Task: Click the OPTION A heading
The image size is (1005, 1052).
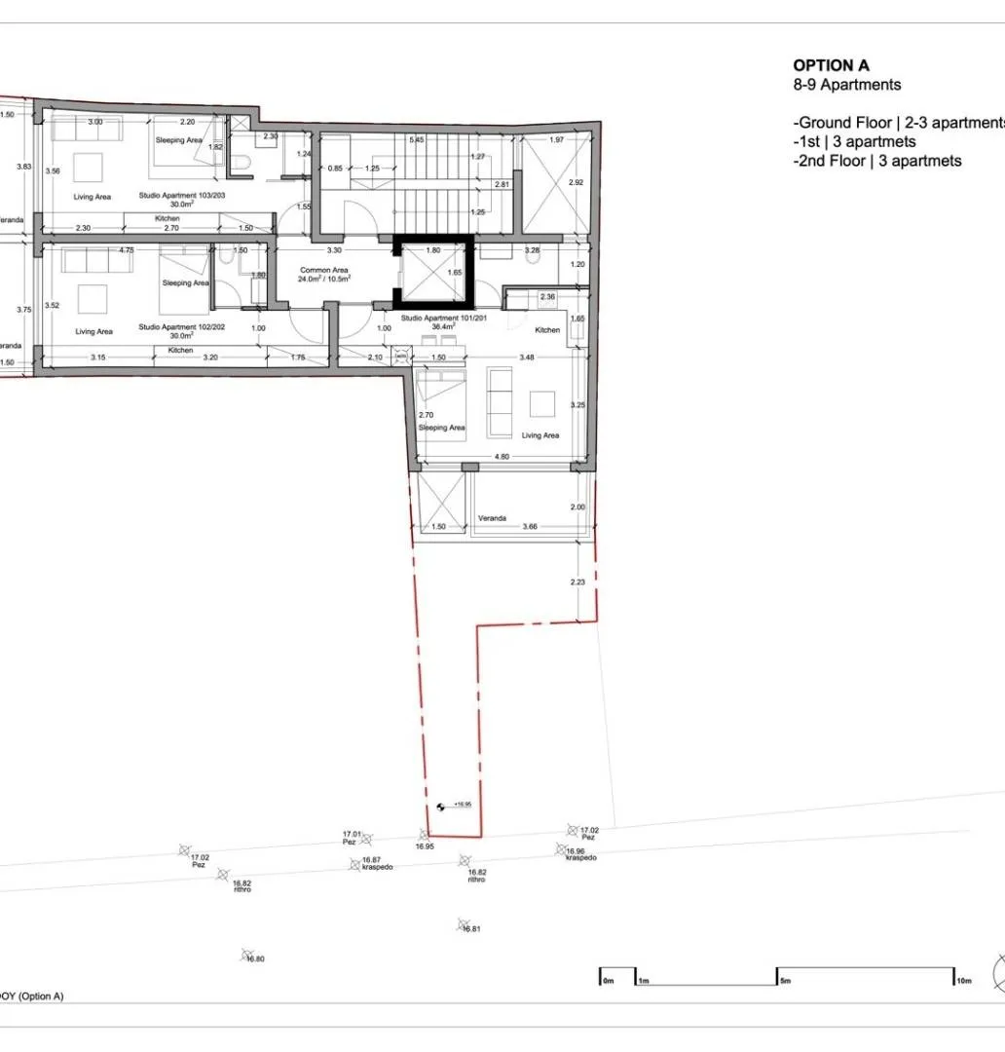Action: pos(831,65)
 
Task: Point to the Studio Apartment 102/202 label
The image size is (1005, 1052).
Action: pos(182,327)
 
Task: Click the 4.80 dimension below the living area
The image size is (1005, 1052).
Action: pos(502,456)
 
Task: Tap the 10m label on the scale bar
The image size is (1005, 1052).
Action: pos(964,980)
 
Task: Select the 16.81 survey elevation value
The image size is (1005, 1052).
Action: pos(472,929)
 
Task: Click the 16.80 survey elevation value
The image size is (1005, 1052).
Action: pos(255,959)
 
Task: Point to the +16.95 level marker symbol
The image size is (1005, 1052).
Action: pos(440,806)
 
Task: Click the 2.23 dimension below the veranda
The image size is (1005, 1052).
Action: pos(577,582)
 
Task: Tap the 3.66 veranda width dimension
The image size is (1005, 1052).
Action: pos(530,526)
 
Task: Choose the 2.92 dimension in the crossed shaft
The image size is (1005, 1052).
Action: pos(576,182)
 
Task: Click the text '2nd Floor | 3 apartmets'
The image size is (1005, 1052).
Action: pos(877,161)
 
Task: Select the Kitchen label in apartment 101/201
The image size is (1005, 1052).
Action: pos(548,330)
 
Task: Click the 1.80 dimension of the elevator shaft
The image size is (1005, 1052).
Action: pos(434,249)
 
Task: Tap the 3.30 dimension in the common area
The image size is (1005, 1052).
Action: pos(332,249)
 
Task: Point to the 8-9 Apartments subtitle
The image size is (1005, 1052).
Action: pos(846,85)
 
